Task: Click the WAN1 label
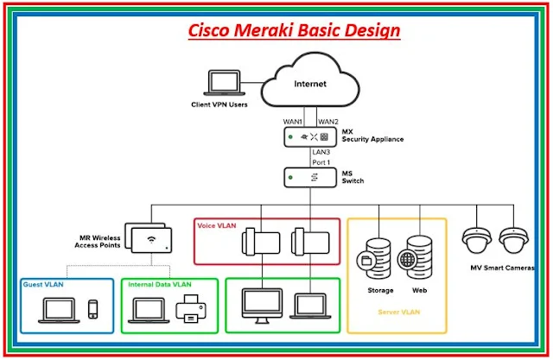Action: [294, 121]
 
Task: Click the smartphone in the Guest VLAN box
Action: [93, 309]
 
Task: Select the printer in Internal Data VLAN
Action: [190, 309]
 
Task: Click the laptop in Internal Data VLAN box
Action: [149, 309]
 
